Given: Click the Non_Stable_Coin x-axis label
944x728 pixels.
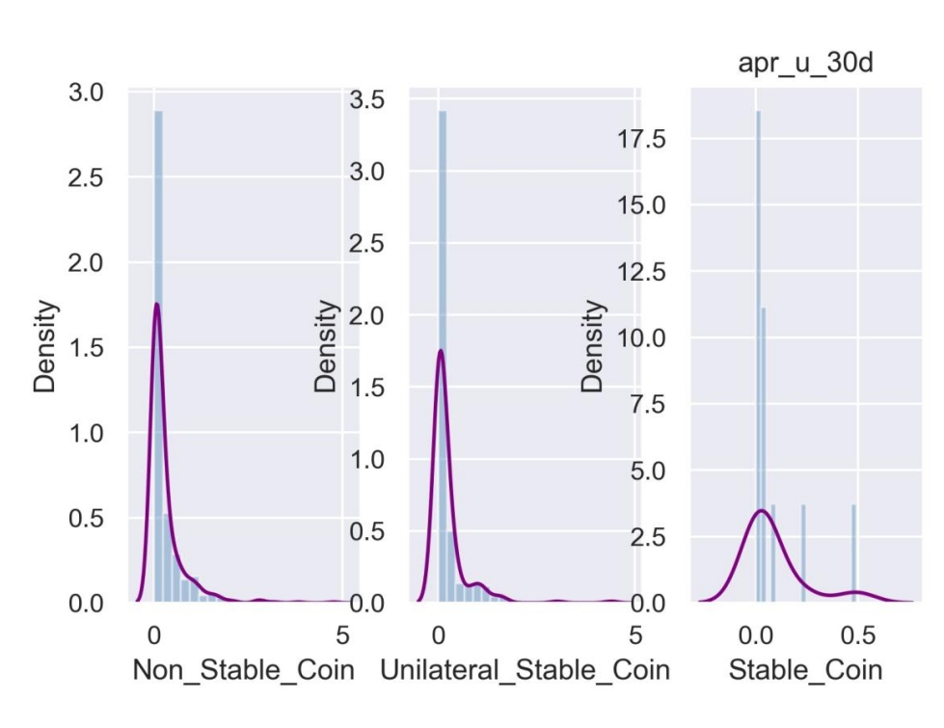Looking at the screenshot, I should click(243, 669).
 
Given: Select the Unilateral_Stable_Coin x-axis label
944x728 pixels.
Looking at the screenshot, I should click(525, 669).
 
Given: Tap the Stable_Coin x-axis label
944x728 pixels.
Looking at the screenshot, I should click(804, 669).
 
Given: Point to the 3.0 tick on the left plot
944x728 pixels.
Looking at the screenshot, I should click(98, 94).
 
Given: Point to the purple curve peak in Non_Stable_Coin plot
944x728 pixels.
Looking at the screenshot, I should click(155, 305).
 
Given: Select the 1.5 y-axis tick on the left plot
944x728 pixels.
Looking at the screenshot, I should click(98, 348).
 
